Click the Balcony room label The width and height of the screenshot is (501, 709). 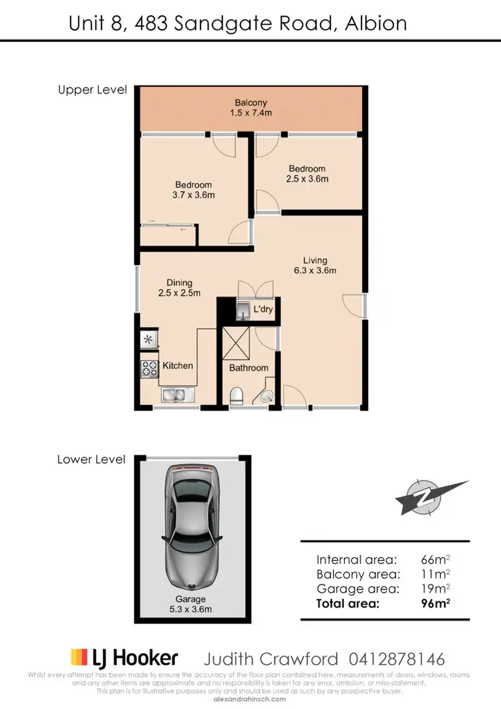pos(251,103)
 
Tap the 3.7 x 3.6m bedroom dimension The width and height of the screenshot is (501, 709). pos(194,195)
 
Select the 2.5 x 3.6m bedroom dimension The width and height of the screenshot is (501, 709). pos(307,179)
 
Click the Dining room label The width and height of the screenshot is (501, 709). pos(180,283)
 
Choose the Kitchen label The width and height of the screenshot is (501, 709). pos(178,366)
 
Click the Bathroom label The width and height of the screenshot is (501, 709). pos(248,368)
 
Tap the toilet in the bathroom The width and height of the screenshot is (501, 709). pos(236,396)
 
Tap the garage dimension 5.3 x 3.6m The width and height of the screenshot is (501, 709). pos(191,609)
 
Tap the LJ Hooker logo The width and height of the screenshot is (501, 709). pos(125,658)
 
